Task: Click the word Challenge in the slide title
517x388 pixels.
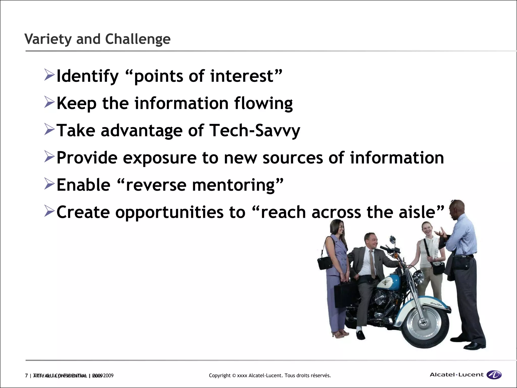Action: coord(138,39)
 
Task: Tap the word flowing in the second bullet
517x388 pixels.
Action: coord(263,104)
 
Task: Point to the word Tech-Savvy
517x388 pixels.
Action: coord(255,131)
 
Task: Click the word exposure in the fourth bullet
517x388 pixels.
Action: coord(160,158)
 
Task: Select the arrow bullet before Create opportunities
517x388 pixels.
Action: coord(49,211)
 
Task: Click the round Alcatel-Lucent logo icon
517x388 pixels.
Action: coord(494,375)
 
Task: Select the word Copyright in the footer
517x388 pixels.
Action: coord(220,376)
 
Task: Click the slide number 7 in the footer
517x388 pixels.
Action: coord(27,376)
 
